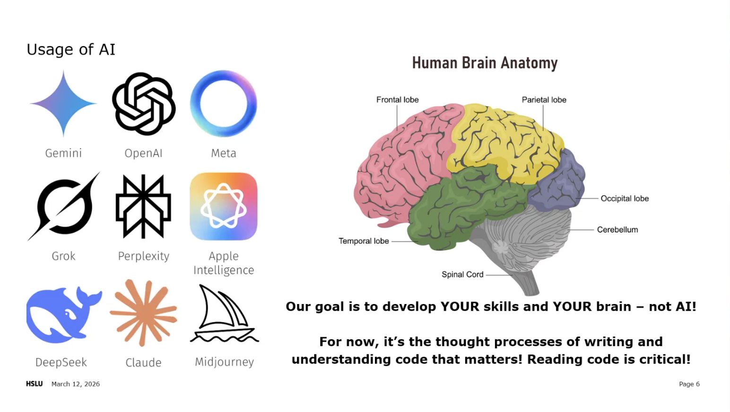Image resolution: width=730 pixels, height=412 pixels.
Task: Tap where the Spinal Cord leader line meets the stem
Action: tap(513, 275)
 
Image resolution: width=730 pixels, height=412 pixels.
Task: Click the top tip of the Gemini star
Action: tap(63, 70)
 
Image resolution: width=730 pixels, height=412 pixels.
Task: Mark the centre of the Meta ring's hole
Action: tap(224, 103)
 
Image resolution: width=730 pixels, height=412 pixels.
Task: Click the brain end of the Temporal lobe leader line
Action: tap(418, 241)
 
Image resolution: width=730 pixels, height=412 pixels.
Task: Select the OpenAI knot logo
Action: tap(144, 104)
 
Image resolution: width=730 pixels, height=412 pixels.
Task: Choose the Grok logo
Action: tap(64, 206)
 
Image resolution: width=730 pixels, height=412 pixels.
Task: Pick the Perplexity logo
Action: tap(143, 206)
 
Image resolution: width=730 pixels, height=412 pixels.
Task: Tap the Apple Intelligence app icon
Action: tap(224, 206)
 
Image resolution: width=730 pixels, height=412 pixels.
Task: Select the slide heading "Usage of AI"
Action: tap(71, 50)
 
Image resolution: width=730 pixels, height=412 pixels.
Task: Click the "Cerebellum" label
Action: tap(617, 230)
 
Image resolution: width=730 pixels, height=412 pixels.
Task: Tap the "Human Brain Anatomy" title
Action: tap(485, 63)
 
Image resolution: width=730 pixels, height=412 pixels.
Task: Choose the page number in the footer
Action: tap(689, 384)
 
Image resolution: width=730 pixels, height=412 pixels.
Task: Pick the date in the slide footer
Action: tap(76, 384)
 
